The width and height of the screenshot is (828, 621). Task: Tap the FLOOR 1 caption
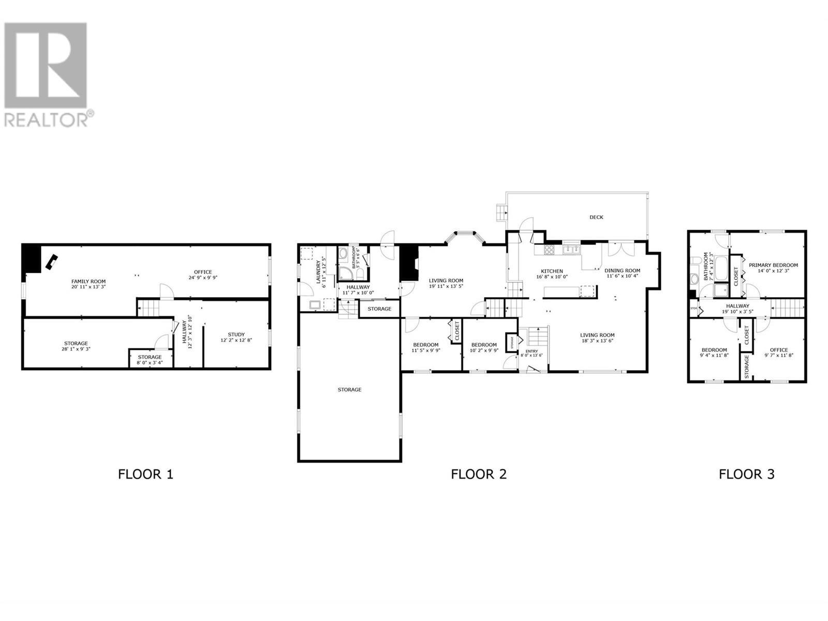click(x=145, y=474)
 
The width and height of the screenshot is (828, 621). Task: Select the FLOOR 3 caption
click(x=746, y=474)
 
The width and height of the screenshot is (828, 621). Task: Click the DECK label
click(x=596, y=217)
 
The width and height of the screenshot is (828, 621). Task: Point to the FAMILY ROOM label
click(x=88, y=282)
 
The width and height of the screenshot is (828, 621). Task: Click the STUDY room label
click(x=236, y=334)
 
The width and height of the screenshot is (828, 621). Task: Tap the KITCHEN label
click(x=552, y=271)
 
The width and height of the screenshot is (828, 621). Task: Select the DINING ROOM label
click(x=622, y=270)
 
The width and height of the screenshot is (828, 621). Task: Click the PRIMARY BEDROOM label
click(x=773, y=265)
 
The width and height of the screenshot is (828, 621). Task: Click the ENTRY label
click(x=531, y=351)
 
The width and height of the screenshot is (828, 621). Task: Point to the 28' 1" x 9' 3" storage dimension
click(x=76, y=349)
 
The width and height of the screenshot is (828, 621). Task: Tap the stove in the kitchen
click(x=549, y=249)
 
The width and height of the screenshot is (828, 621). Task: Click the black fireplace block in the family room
click(x=31, y=258)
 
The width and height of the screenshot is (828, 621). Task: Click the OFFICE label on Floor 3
click(x=778, y=350)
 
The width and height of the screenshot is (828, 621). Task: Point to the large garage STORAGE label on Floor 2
click(x=349, y=389)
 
